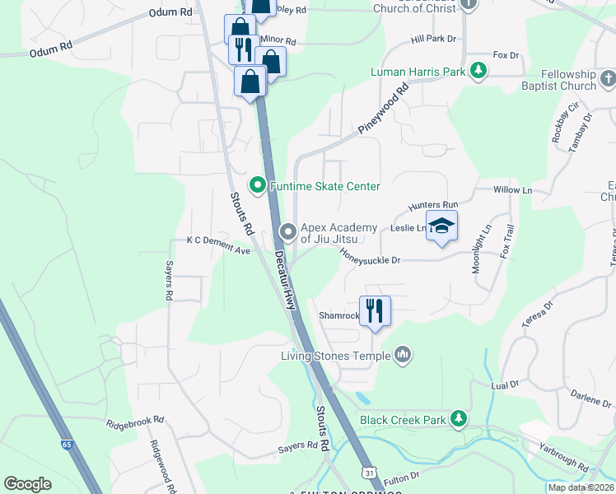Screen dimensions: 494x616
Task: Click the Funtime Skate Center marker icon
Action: [x=257, y=185]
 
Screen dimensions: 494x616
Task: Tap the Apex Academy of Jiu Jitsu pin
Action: [x=287, y=231]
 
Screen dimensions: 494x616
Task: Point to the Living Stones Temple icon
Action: [x=403, y=355]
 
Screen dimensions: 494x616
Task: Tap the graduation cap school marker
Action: [x=441, y=226]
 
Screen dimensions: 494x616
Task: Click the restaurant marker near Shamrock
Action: [x=375, y=310]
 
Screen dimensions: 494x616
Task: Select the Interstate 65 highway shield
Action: [x=66, y=445]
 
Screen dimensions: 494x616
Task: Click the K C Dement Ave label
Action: [x=218, y=240]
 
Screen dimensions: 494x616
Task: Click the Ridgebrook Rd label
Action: [x=135, y=422]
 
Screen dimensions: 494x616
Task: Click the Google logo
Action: [x=27, y=484]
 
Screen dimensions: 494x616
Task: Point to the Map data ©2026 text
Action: [x=580, y=487]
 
